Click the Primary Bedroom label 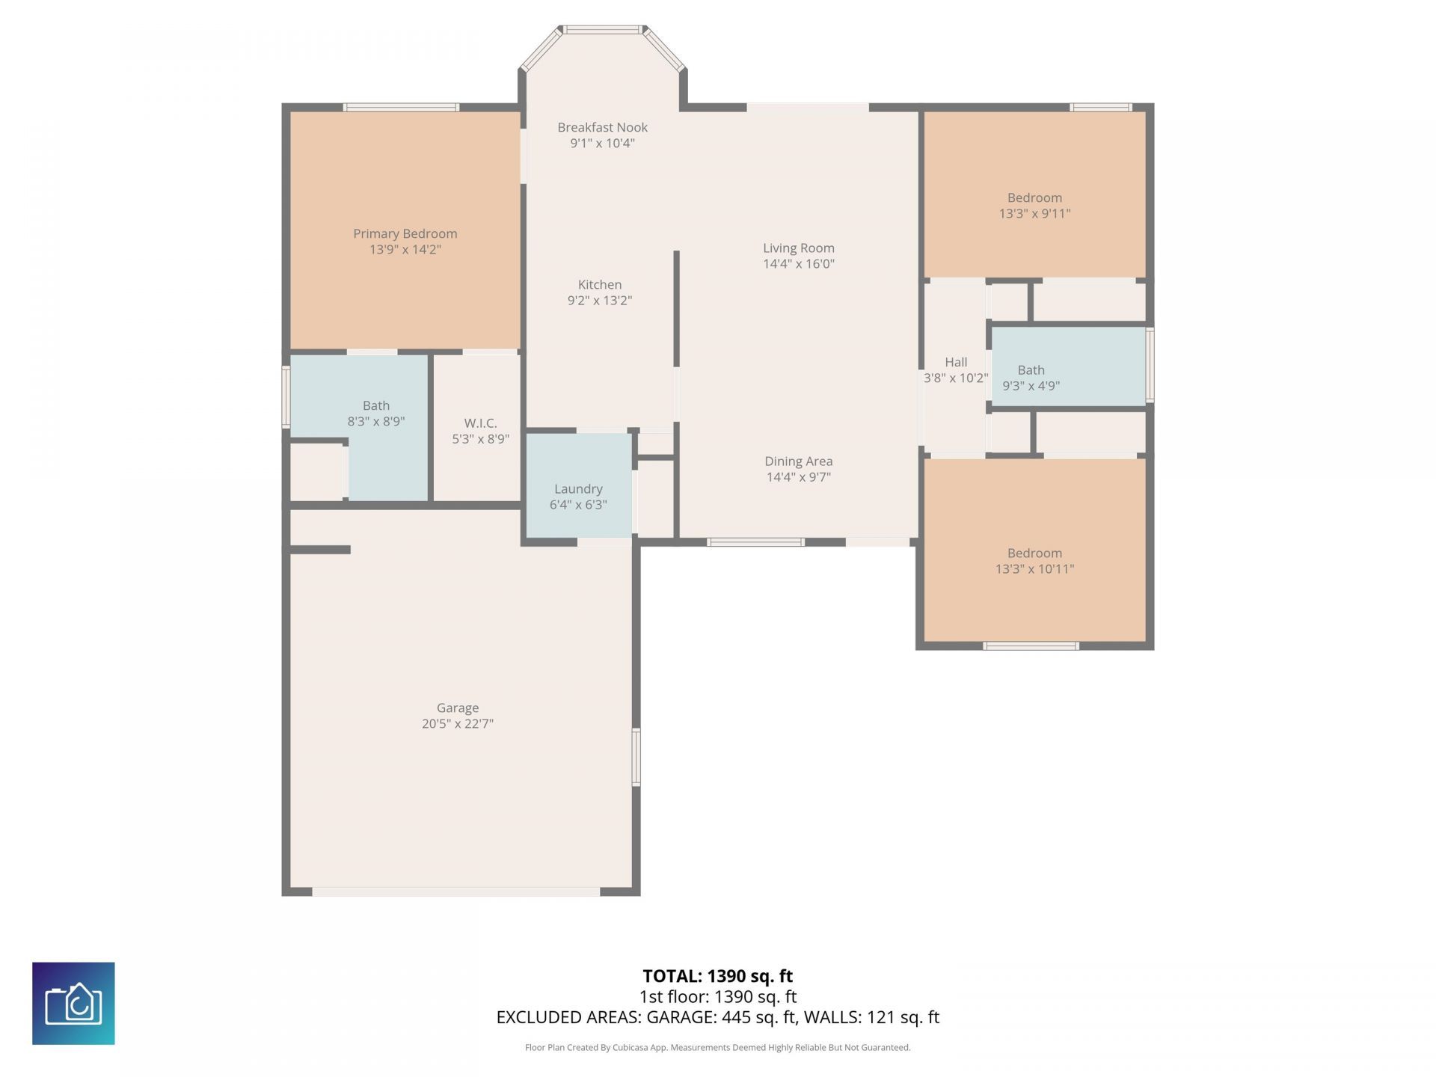click(x=405, y=233)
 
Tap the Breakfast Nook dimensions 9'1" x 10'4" click(x=602, y=144)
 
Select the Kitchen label click(x=599, y=284)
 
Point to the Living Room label click(x=798, y=248)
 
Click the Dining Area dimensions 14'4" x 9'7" click(x=798, y=477)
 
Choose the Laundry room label click(x=578, y=488)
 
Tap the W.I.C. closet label click(x=480, y=423)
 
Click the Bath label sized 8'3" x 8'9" click(x=375, y=405)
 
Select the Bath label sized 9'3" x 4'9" click(x=1031, y=369)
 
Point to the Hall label click(x=955, y=362)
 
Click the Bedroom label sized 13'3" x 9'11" click(x=1034, y=197)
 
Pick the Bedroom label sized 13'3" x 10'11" click(x=1034, y=553)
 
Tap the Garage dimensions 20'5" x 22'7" click(x=457, y=724)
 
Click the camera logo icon click(x=73, y=1003)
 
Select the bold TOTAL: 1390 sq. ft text click(x=717, y=976)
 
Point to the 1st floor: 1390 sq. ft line click(x=717, y=997)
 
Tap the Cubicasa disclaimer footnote click(x=717, y=1048)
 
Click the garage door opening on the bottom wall click(x=456, y=892)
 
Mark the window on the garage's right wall click(x=636, y=757)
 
